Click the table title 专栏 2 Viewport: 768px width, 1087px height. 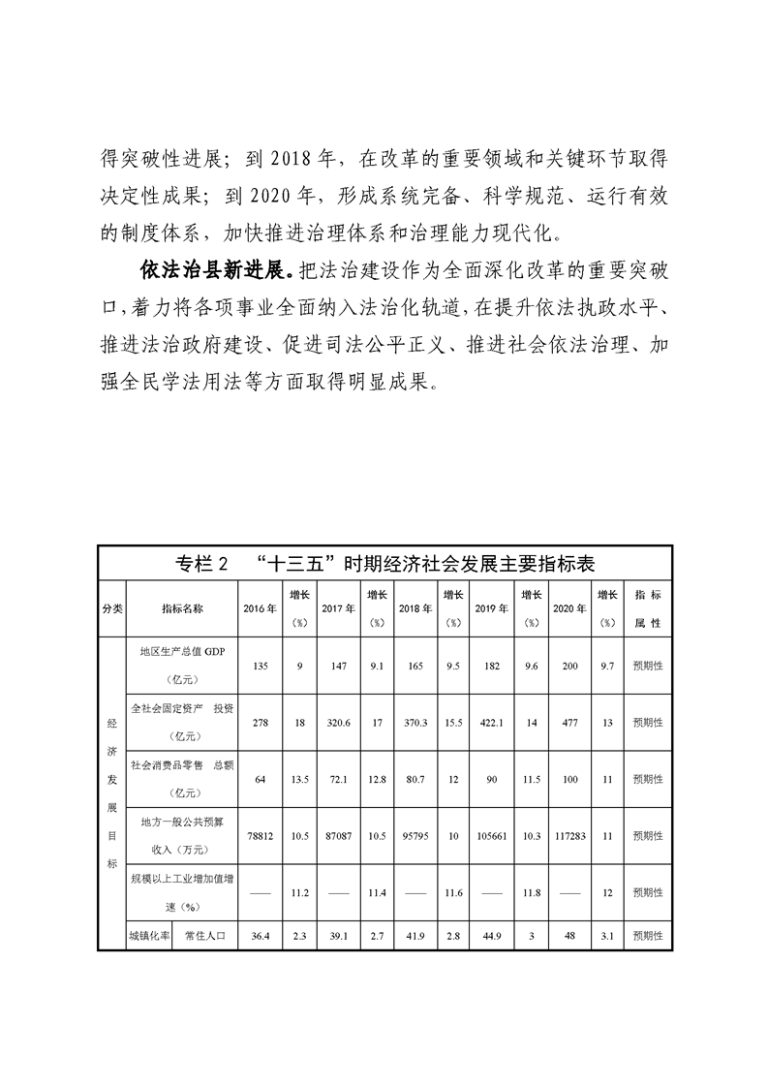pos(201,565)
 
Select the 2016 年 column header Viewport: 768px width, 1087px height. pos(259,608)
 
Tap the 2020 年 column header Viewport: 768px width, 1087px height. pos(569,608)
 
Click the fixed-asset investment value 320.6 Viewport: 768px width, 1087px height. pos(337,723)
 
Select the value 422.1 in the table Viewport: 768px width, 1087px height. pos(492,723)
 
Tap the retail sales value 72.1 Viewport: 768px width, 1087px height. pos(337,779)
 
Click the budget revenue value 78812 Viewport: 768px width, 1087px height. pos(259,835)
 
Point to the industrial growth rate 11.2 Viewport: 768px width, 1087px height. pos(299,891)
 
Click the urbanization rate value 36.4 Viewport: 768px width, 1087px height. pos(259,936)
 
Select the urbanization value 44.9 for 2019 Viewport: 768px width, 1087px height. pos(492,936)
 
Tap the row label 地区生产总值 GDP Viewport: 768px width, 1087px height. pos(182,653)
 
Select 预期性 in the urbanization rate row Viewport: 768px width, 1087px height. pos(647,936)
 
